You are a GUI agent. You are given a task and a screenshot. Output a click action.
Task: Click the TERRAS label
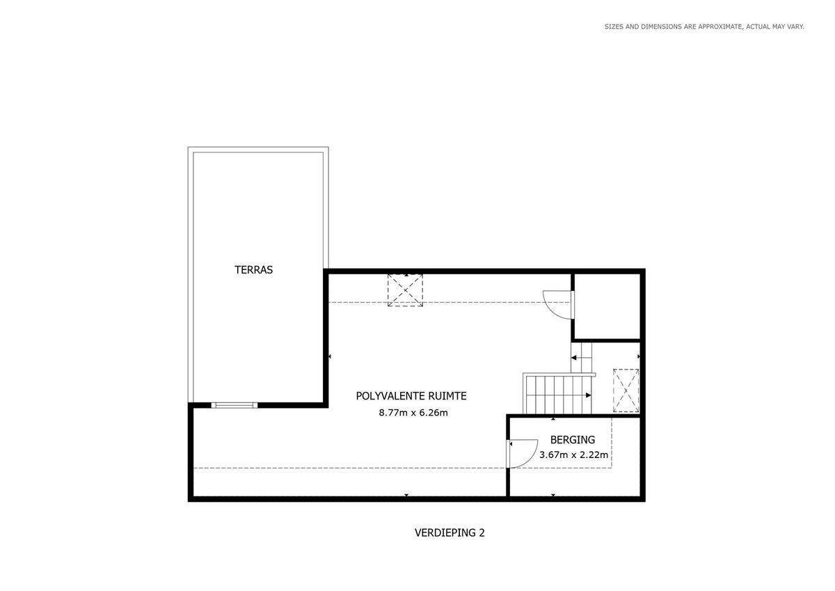(x=253, y=269)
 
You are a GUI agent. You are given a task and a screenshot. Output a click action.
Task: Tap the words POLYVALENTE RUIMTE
(x=411, y=396)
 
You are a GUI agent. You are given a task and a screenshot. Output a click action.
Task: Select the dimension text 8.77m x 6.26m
(x=413, y=413)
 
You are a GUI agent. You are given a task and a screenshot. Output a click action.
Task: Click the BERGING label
(x=573, y=440)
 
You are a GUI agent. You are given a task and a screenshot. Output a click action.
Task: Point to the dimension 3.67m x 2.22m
(x=573, y=455)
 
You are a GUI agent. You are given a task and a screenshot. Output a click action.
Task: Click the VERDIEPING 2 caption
(x=450, y=533)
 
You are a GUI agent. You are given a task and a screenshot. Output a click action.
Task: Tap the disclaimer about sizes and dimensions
(x=704, y=27)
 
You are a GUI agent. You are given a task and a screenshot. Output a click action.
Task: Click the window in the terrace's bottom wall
(x=234, y=405)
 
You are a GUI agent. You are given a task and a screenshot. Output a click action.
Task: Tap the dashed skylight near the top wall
(x=405, y=290)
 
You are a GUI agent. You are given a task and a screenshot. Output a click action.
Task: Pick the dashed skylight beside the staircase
(x=626, y=391)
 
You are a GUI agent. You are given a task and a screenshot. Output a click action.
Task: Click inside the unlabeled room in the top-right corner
(x=607, y=306)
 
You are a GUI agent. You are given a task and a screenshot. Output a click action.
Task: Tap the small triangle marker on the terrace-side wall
(x=330, y=357)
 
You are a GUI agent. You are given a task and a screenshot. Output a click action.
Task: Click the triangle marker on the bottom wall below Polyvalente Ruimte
(x=406, y=495)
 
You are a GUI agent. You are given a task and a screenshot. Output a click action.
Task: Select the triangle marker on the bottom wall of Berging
(x=553, y=495)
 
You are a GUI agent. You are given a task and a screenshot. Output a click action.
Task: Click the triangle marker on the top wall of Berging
(x=553, y=419)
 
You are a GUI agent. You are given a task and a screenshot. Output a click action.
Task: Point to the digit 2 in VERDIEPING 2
(x=482, y=533)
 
